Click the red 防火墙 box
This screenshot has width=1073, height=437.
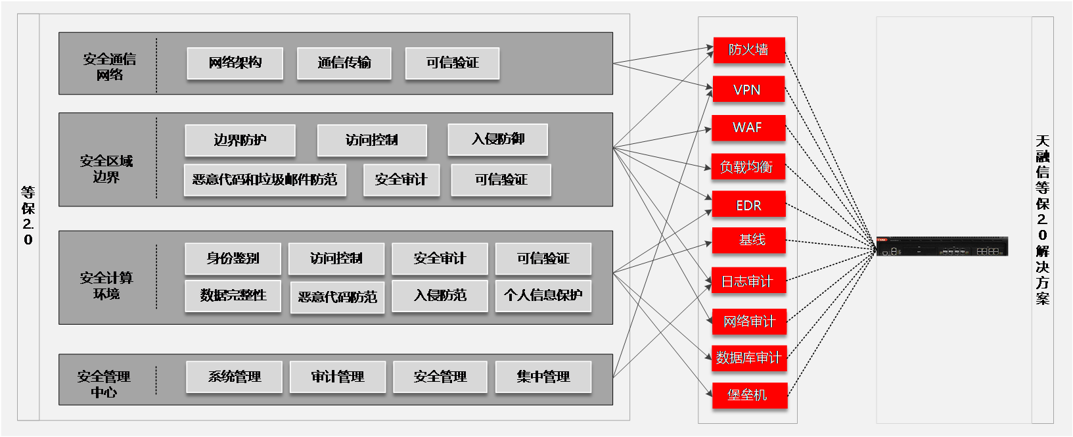pyautogui.click(x=749, y=50)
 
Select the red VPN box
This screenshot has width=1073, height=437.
pyautogui.click(x=748, y=89)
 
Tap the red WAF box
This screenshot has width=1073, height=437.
pyautogui.click(x=748, y=127)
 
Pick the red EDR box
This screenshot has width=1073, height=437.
pyautogui.click(x=748, y=205)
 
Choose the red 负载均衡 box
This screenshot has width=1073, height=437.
pyautogui.click(x=748, y=167)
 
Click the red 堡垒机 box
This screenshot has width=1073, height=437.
pyautogui.click(x=749, y=395)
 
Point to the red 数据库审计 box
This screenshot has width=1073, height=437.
pyautogui.click(x=749, y=358)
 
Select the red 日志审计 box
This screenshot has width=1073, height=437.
pyautogui.click(x=748, y=281)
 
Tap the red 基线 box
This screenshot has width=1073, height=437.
pyautogui.click(x=749, y=241)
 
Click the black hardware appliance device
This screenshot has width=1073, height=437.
pyautogui.click(x=942, y=246)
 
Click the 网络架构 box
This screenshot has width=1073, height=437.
pyautogui.click(x=235, y=63)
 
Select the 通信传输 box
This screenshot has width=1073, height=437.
pyautogui.click(x=344, y=63)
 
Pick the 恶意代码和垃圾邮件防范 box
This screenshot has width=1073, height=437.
pyautogui.click(x=265, y=179)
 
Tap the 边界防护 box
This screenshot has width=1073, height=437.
pyautogui.click(x=240, y=140)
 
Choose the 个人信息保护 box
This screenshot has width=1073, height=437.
pyautogui.click(x=543, y=295)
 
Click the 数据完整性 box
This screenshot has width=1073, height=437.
pyautogui.click(x=233, y=295)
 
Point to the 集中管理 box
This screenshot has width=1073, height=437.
pyautogui.click(x=543, y=377)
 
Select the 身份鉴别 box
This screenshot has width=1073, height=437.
pyautogui.click(x=233, y=258)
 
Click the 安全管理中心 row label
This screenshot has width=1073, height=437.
pyautogui.click(x=104, y=384)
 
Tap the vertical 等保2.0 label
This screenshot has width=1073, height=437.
pyautogui.click(x=28, y=216)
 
